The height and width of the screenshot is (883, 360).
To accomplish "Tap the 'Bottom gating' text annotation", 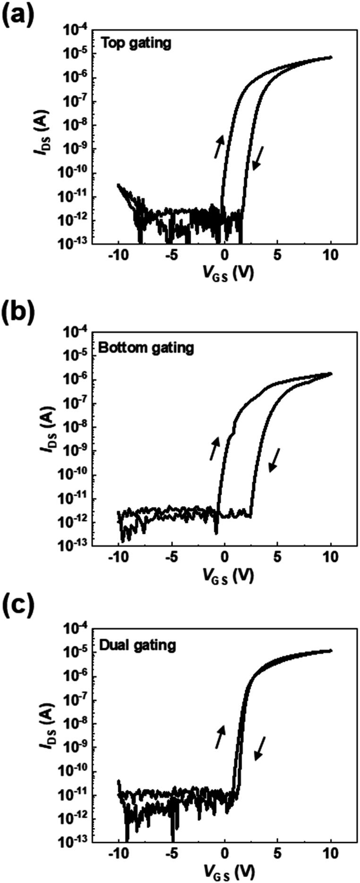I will coord(146,348).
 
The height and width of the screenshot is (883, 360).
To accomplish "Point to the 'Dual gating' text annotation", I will coord(138,645).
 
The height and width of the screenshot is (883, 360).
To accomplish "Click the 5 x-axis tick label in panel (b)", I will coord(278,556).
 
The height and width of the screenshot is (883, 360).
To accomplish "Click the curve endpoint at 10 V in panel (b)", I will coord(330,373).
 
